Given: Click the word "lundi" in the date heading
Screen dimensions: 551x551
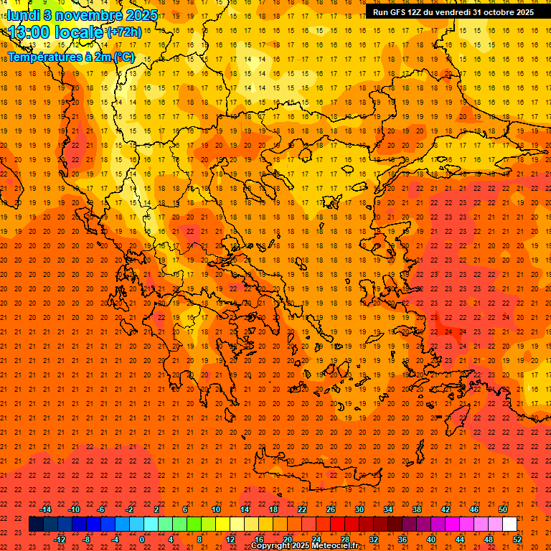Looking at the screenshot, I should pos(23,14).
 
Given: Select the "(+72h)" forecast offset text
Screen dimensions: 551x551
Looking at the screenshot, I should pos(123,32).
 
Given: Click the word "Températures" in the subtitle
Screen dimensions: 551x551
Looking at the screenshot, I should pos(41,57).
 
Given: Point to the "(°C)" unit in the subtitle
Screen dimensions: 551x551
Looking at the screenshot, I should pos(123,57).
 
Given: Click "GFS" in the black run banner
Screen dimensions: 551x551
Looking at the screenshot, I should pos(400,12).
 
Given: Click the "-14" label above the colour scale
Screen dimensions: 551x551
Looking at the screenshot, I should pos(46,509).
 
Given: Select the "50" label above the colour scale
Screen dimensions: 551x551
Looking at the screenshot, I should pos(503,509).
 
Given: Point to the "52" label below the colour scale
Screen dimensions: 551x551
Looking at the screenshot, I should pos(517,540).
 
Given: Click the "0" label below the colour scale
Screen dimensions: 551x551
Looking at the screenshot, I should pos(142,540).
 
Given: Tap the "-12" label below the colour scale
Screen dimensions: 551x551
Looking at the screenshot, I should pos(60,540).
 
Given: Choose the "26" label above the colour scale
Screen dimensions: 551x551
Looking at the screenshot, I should pos(331,509).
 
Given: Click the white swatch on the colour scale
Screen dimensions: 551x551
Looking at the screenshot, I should pos(509,524).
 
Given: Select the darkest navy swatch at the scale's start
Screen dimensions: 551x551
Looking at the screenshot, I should pos(36,524).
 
